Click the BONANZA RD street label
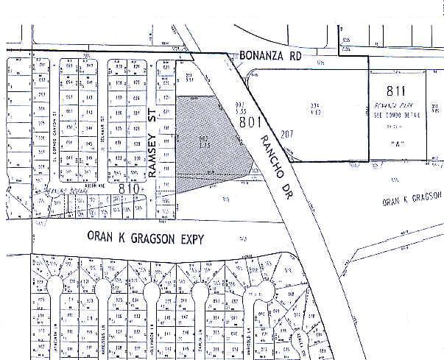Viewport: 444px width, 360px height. pos(271,56)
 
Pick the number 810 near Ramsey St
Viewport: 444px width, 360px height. pos(129,189)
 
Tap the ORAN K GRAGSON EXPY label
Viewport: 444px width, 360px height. pos(139,237)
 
